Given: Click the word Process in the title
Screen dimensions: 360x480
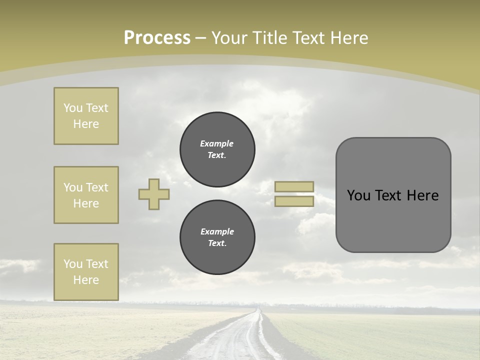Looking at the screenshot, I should [157, 37].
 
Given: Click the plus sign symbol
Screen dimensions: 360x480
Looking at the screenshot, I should [154, 194].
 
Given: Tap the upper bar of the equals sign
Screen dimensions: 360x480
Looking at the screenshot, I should [294, 186].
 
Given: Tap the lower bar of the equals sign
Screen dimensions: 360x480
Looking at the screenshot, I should [294, 201].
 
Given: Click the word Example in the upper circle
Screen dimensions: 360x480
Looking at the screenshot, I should [217, 143].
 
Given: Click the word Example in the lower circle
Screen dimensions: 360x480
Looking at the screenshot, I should [217, 231].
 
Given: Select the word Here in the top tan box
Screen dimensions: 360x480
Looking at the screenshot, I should [86, 124].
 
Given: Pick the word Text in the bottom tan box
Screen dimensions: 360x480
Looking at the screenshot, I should [96, 264].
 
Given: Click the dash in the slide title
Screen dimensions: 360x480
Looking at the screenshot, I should [201, 38].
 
